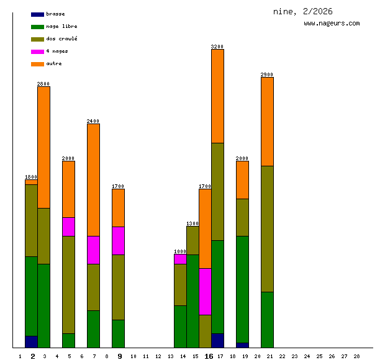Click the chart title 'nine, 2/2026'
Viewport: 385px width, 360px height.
(x=302, y=12)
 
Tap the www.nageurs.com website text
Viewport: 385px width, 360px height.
(x=332, y=24)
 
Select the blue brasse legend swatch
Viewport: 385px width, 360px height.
(x=37, y=14)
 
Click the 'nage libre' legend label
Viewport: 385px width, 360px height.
(x=61, y=27)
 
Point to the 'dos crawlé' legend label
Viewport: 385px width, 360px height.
(x=61, y=39)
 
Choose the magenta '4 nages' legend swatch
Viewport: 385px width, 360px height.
(x=37, y=52)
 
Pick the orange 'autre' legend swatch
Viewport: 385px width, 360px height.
(x=37, y=64)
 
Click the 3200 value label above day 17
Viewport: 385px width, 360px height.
(x=217, y=47)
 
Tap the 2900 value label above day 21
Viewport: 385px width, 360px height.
(x=267, y=74)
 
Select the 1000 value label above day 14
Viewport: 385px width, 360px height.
(x=180, y=251)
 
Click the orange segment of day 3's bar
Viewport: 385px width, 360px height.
(x=43, y=147)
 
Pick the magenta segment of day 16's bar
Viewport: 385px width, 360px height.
(x=205, y=291)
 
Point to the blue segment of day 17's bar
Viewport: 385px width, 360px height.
(x=217, y=340)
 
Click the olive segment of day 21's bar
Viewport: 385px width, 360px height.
(x=267, y=228)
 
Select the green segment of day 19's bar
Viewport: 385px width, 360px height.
(x=242, y=289)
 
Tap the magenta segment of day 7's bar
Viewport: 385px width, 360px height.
(x=93, y=250)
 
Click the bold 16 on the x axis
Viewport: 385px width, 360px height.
(x=209, y=356)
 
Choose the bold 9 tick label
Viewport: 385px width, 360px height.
(x=120, y=356)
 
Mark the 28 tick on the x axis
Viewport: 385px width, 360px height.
(x=356, y=356)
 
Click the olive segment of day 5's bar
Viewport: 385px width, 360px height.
(x=68, y=284)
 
